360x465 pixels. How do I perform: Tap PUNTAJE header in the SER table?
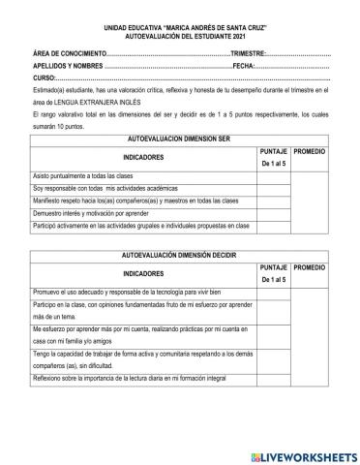point(273,153)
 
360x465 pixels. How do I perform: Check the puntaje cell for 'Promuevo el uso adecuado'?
point(273,289)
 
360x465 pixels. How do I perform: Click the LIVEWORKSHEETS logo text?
point(304,454)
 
